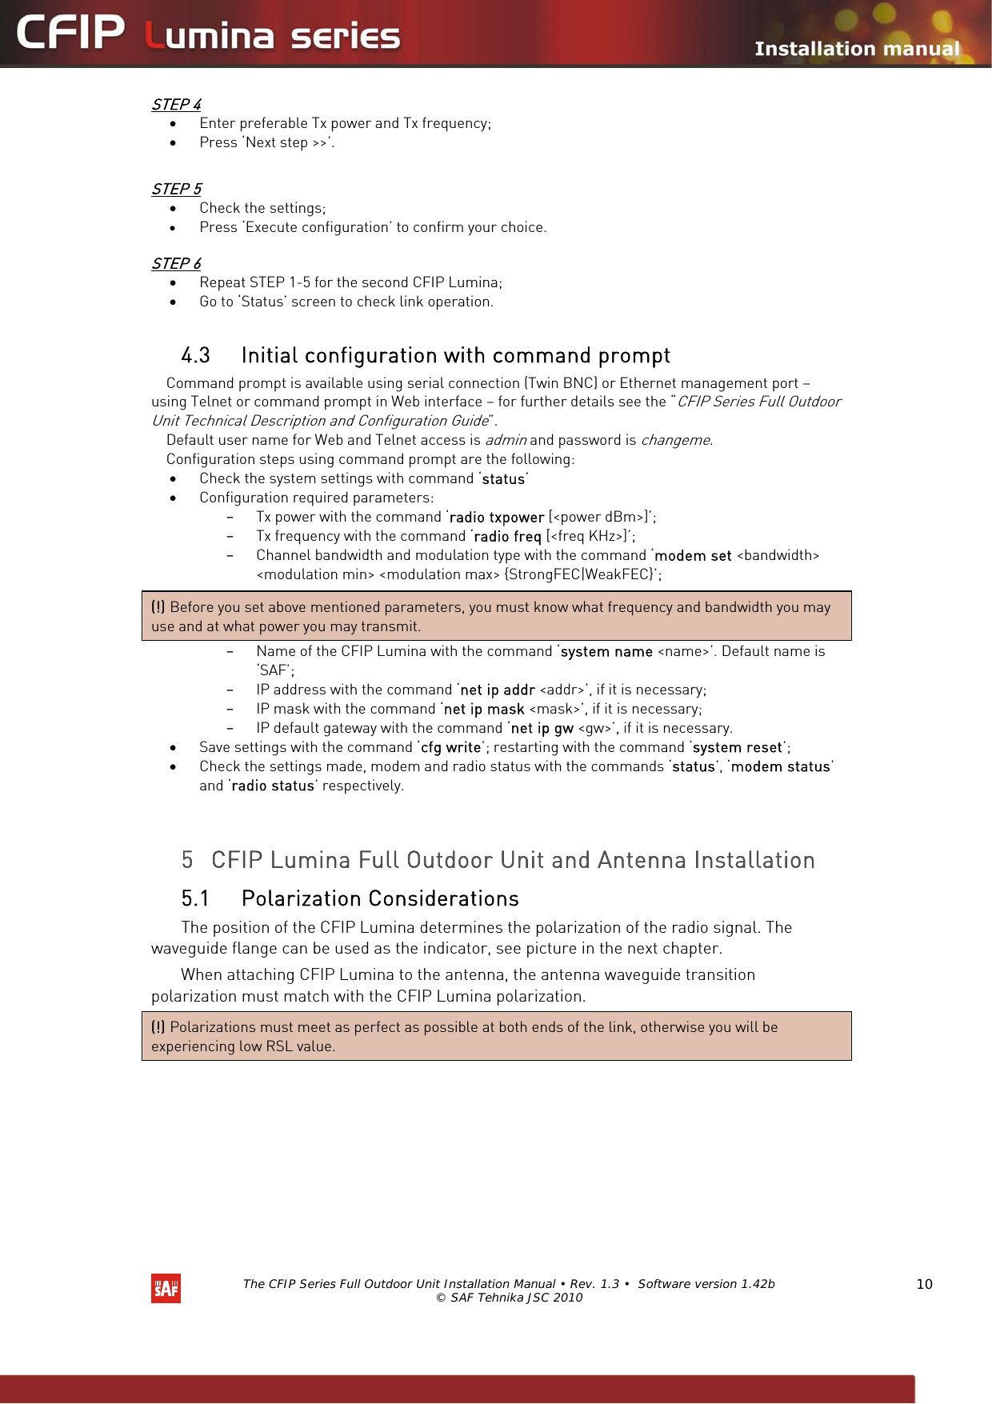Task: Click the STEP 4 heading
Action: pyautogui.click(x=176, y=105)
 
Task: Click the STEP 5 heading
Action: pyautogui.click(x=176, y=190)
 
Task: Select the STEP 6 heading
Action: pyautogui.click(x=176, y=264)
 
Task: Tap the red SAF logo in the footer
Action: pyautogui.click(x=166, y=1288)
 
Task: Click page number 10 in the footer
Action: pyautogui.click(x=924, y=1284)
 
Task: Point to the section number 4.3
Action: pyautogui.click(x=195, y=356)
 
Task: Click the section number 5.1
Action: pyautogui.click(x=194, y=899)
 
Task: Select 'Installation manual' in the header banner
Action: pyautogui.click(x=856, y=49)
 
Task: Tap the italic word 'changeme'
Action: pyautogui.click(x=675, y=440)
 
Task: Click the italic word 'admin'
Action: pyautogui.click(x=505, y=440)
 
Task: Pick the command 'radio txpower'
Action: pyautogui.click(x=497, y=518)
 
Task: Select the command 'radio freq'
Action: pyautogui.click(x=507, y=537)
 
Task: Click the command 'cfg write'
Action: pyautogui.click(x=450, y=748)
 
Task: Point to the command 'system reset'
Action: pyautogui.click(x=737, y=748)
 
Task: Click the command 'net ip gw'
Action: pyautogui.click(x=542, y=729)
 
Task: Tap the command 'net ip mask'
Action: pyautogui.click(x=484, y=710)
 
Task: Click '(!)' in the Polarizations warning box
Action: pyautogui.click(x=158, y=1027)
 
